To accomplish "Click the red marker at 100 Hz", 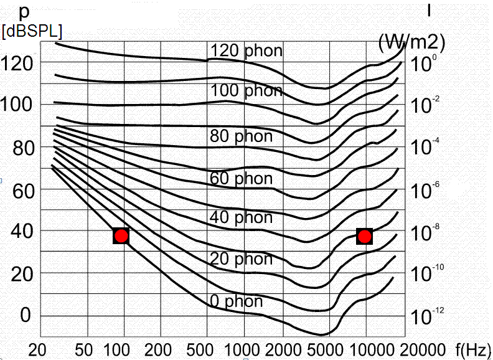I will pyautogui.click(x=121, y=236).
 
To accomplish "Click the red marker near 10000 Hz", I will pyautogui.click(x=365, y=236).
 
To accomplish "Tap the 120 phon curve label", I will pyautogui.click(x=246, y=50).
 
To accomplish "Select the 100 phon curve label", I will pyautogui.click(x=246, y=91).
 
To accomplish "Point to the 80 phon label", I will pyautogui.click(x=241, y=136).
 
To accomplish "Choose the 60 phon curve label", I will pyautogui.click(x=241, y=179).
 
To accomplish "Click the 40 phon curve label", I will pyautogui.click(x=241, y=217).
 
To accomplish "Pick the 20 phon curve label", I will pyautogui.click(x=241, y=258).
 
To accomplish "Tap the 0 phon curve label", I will pyautogui.click(x=236, y=302).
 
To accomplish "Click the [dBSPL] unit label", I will pyautogui.click(x=32, y=32).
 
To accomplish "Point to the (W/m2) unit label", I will pyautogui.click(x=411, y=42).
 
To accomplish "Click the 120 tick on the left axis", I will pyautogui.click(x=21, y=62).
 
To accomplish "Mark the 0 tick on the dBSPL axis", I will pyautogui.click(x=26, y=315).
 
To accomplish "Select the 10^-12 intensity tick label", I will pyautogui.click(x=427, y=316).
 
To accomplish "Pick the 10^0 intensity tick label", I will pyautogui.click(x=425, y=63).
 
